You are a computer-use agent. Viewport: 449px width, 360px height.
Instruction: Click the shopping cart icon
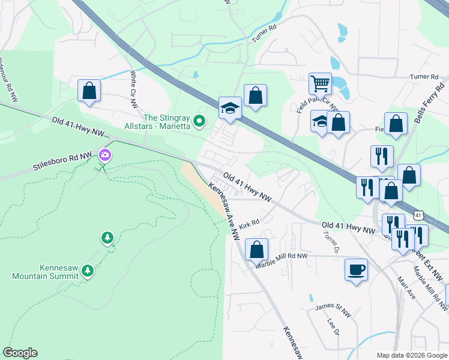pos(320,83)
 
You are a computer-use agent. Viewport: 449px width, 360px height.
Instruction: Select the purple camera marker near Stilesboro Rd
pos(106,156)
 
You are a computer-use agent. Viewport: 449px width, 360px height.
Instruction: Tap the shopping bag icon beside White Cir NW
pos(89,91)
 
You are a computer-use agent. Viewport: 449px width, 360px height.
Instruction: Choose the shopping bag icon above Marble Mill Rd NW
pos(256,248)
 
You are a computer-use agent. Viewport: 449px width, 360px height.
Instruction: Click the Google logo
pos(20,353)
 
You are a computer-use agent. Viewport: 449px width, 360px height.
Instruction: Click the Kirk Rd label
pos(249,225)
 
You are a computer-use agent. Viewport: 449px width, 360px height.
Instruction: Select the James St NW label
pos(333,310)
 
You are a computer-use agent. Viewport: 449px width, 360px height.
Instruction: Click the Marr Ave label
pos(406,289)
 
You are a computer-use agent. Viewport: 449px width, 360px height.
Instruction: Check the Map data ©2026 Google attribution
pos(411,355)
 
